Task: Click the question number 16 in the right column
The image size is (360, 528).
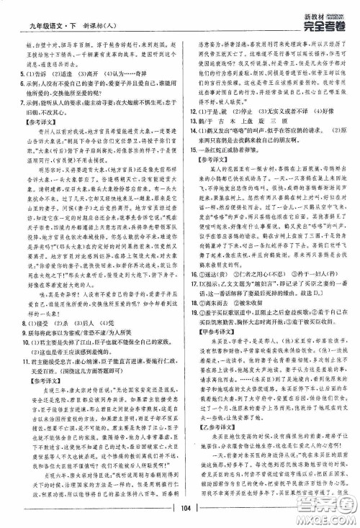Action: click(189, 294)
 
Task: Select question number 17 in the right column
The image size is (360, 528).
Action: click(189, 304)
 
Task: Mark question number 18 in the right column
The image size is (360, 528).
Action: click(189, 324)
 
